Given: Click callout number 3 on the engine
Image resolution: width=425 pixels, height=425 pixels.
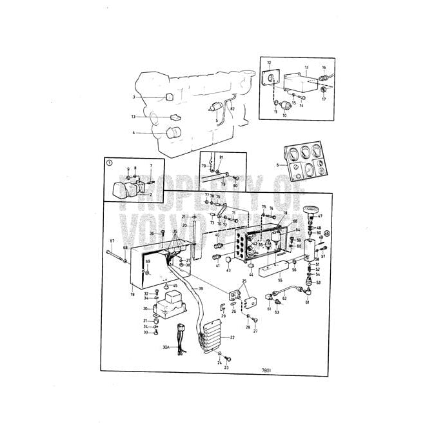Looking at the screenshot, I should [x=134, y=97].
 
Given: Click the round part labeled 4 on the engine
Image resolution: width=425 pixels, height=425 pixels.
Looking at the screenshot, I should [x=173, y=134].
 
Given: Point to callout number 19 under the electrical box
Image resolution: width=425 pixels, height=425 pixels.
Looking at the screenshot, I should [x=132, y=294].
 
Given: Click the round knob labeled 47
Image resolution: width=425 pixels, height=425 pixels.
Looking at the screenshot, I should [x=311, y=210].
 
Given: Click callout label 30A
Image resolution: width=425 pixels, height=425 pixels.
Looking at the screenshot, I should [x=166, y=348].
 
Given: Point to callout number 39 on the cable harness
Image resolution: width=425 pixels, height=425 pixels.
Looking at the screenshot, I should [x=201, y=288].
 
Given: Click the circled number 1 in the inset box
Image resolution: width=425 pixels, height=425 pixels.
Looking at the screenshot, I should [x=110, y=164].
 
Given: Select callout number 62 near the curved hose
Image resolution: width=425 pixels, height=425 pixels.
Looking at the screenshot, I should [x=284, y=299].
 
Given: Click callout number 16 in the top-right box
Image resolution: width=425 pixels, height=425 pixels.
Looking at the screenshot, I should [x=324, y=67].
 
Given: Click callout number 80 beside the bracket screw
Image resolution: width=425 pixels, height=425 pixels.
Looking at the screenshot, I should [x=235, y=186].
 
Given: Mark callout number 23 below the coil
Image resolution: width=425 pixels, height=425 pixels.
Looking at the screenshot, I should [x=226, y=367].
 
